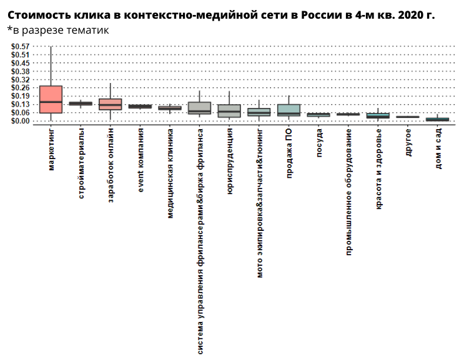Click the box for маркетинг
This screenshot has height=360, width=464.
coord(51,100)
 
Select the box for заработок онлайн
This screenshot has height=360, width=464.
coord(111,104)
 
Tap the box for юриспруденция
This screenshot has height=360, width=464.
coord(229,111)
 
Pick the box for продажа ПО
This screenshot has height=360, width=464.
coord(289,110)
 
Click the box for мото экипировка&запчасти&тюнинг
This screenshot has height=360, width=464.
coord(259,112)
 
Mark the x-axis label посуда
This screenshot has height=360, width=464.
coord(318,142)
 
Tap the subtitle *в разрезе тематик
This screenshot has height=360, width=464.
coord(57,29)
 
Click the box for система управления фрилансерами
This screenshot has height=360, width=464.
coord(199,108)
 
